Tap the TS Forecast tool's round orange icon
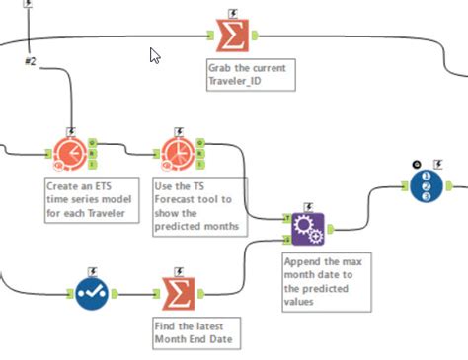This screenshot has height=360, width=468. [x=175, y=152]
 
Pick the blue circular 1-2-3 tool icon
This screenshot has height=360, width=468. [x=428, y=184]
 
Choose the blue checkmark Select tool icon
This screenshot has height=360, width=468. [x=93, y=293]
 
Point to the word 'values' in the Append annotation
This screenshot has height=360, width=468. [x=301, y=302]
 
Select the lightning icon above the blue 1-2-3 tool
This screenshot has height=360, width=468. [x=439, y=164]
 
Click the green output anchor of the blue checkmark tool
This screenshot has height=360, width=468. [x=116, y=293]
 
